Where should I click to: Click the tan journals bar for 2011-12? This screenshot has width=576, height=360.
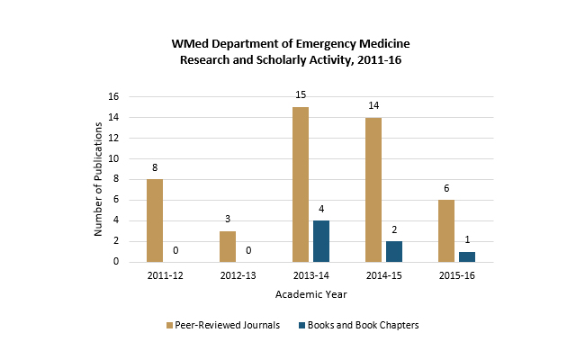pos(155,220)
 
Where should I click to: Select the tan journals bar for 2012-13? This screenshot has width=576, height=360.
pos(228,247)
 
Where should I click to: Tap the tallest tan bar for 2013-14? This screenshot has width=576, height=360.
pos(301,184)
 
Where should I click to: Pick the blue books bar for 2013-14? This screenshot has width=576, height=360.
pos(321,241)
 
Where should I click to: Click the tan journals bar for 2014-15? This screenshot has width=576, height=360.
pos(373,190)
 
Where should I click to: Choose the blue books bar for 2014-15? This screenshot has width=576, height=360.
pos(394,252)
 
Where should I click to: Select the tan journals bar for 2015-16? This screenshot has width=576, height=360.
pos(446,231)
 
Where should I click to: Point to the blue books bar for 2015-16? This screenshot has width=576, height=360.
pos(467,256)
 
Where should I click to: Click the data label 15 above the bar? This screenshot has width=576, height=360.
pos(301,94)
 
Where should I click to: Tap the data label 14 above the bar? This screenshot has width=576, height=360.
pos(373,105)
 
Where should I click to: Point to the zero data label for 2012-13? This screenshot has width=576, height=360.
pos(248,250)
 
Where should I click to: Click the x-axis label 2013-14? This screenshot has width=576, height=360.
pos(311,275)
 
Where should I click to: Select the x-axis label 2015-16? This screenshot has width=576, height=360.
pos(457,275)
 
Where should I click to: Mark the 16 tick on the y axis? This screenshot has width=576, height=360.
pos(113,96)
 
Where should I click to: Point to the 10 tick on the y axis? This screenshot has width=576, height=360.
pos(113,158)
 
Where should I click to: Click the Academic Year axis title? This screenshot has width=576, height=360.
pos(311,294)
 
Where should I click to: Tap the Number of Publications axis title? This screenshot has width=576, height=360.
pos(98,179)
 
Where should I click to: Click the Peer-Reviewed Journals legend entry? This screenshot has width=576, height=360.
pos(223,325)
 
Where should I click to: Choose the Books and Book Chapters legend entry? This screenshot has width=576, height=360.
pos(359,325)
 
